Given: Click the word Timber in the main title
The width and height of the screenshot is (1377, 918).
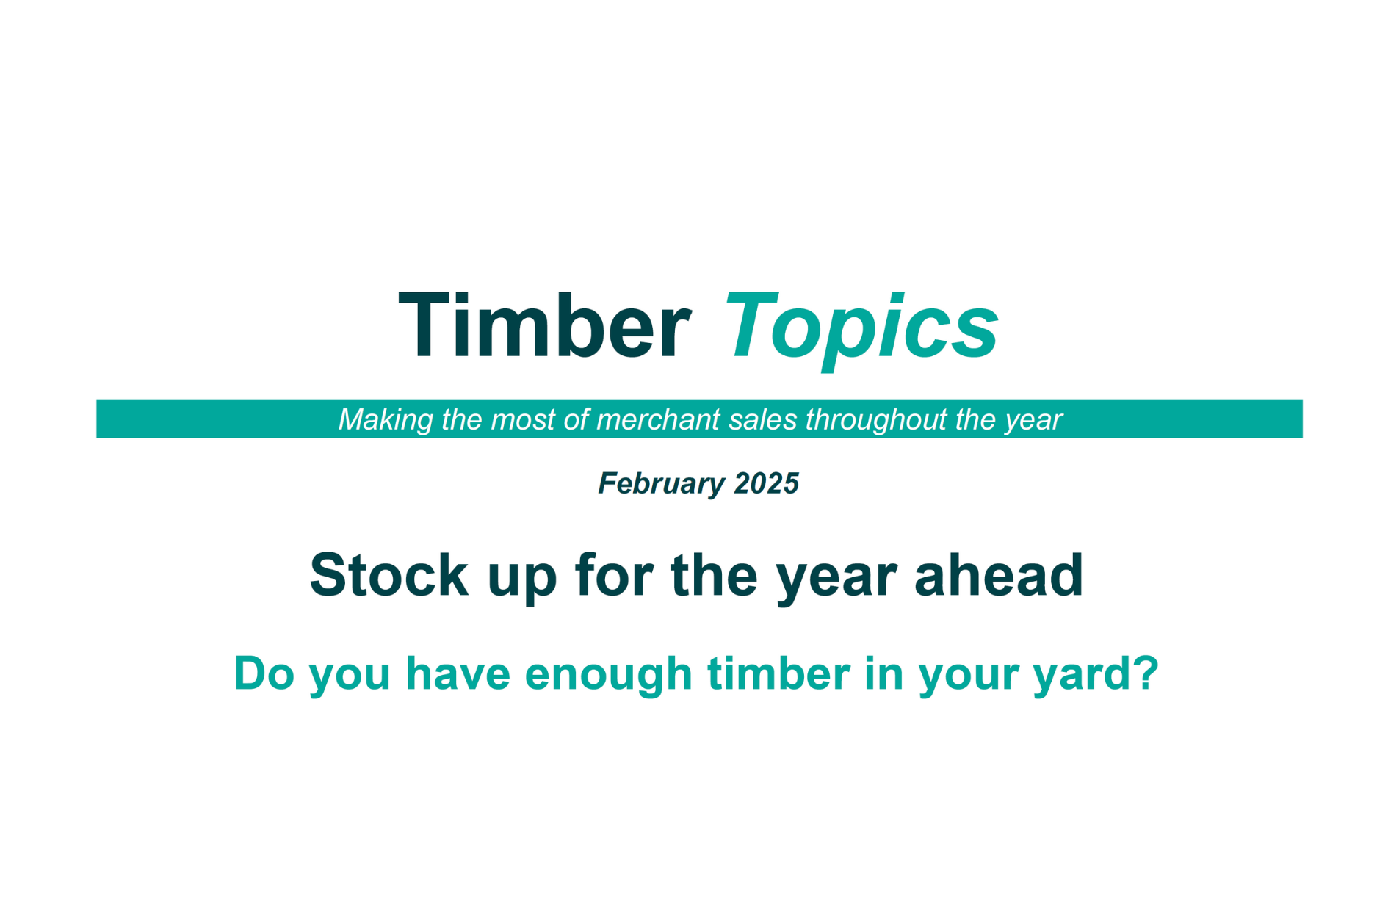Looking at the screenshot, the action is click(544, 325).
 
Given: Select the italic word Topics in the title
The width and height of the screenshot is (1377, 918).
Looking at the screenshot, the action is click(861, 329).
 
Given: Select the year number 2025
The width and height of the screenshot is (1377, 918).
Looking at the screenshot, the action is click(766, 483).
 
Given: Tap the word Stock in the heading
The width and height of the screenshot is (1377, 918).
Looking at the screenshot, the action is click(388, 575).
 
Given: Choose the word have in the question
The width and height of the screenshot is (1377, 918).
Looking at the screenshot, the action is click(458, 673).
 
